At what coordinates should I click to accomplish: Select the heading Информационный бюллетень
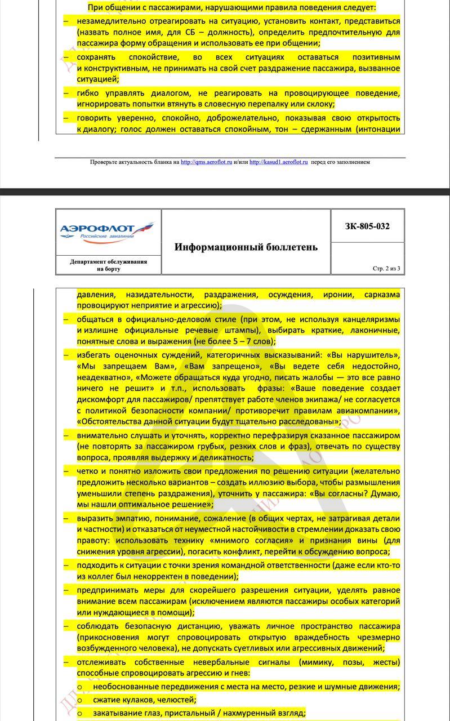(246, 247)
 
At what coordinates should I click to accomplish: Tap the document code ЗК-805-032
(367, 226)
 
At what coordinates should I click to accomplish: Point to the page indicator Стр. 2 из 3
(386, 268)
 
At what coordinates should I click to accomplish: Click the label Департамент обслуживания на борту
(108, 265)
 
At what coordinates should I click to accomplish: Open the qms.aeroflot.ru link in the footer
(206, 162)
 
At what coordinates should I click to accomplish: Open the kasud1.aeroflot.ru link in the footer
(278, 162)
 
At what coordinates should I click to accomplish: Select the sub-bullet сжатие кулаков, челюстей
(145, 700)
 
